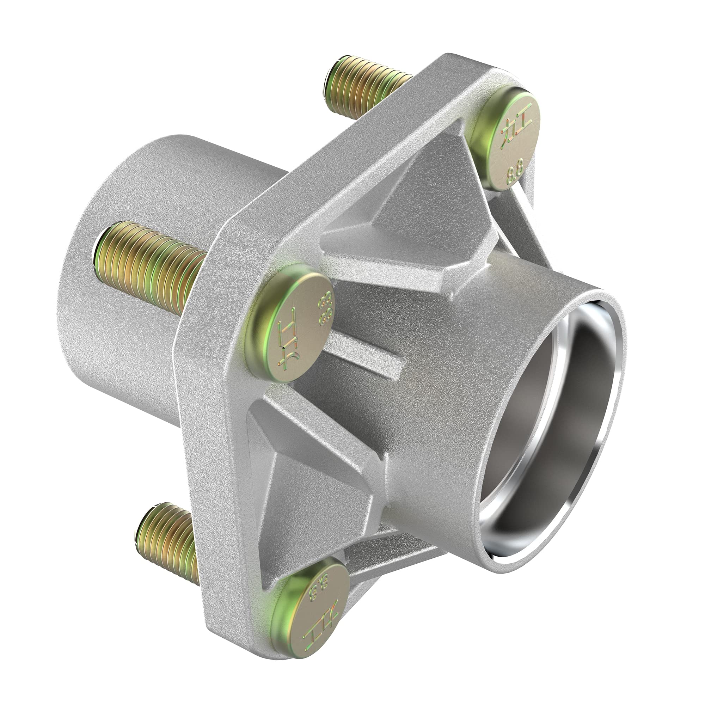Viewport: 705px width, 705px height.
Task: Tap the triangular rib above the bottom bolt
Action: point(318,485)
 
